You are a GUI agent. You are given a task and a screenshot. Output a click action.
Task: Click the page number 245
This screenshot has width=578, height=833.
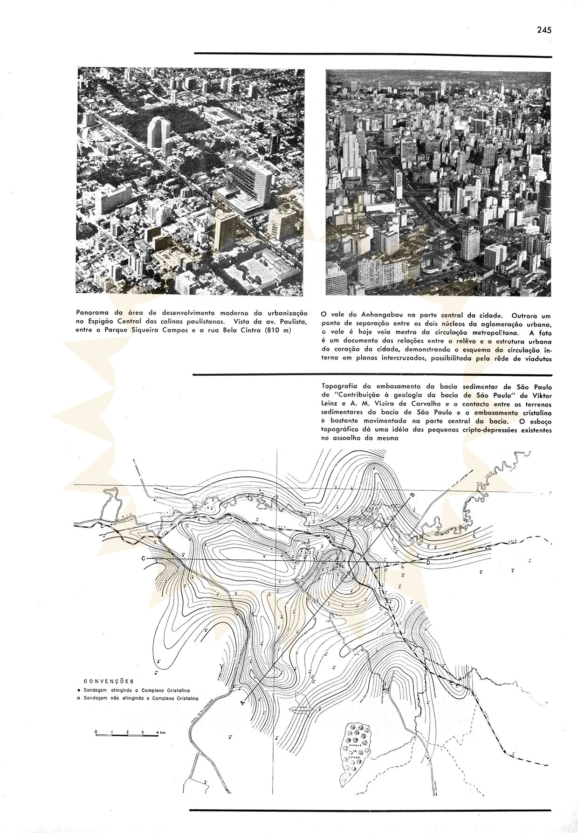544,30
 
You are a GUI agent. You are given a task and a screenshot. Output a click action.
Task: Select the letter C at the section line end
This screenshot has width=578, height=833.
144,558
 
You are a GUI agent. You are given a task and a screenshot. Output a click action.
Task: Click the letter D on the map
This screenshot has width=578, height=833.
427,563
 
